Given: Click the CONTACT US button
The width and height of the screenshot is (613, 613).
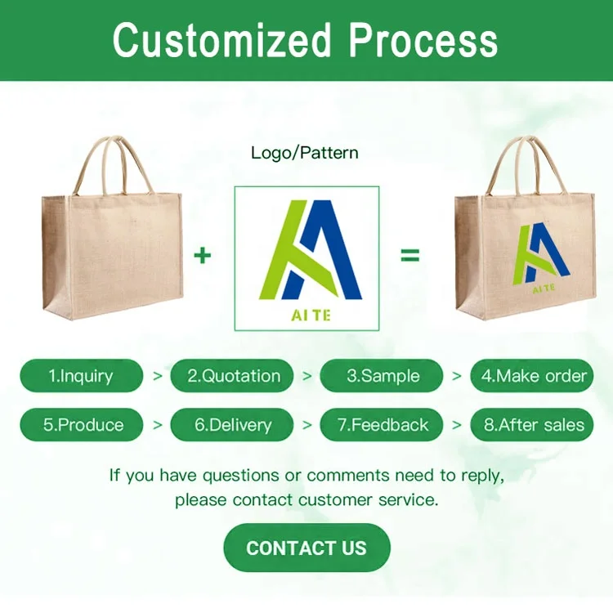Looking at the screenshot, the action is coord(306,548).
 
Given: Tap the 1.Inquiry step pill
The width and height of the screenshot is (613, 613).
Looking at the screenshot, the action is coord(81,376).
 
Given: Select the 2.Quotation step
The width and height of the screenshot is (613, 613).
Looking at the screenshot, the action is coord(232,376).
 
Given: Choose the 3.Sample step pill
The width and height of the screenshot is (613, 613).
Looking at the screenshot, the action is coord(382,376).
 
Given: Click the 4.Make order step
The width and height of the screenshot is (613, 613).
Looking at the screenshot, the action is coord(532,376).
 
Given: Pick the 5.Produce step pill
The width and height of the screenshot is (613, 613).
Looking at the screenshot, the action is coord(81,424).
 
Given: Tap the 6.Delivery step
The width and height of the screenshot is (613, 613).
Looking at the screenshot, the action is coord(232,424).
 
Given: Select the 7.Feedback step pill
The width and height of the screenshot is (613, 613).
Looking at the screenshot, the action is coord(382,424).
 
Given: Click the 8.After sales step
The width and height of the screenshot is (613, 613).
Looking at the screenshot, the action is coord(532,424).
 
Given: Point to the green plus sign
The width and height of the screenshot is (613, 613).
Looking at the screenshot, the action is coord(202,256).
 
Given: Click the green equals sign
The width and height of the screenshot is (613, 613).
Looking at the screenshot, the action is coord(410,255).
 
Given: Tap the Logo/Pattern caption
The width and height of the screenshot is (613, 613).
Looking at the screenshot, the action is coord(305,153).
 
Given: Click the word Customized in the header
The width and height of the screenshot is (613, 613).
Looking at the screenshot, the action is coord(221,40).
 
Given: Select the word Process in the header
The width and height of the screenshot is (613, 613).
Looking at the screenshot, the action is coord(423,40).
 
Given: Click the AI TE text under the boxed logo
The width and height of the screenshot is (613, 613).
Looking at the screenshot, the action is coord(311,315).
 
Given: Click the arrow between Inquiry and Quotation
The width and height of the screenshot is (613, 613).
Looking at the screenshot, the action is coord(157,376).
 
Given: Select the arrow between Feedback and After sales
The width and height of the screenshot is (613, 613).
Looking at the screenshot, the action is coord(457,425).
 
